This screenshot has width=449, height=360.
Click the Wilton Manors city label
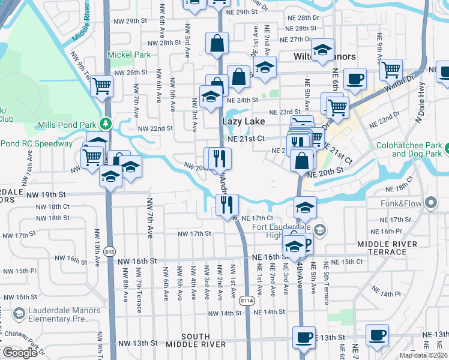(x=324, y=56)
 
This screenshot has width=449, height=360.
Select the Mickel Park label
(x=128, y=55)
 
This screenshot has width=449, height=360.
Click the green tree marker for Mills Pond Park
(x=106, y=124)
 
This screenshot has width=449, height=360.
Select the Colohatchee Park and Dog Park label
(x=412, y=150)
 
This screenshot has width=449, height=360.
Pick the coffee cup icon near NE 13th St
(x=304, y=337)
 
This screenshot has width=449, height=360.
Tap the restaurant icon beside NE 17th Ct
(x=227, y=204)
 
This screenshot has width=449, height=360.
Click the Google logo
(x=20, y=353)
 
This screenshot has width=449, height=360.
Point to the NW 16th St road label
(x=137, y=262)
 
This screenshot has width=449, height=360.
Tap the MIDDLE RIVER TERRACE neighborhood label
(x=390, y=248)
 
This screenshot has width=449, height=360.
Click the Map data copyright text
(x=424, y=355)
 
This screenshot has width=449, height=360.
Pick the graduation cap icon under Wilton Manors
(x=322, y=50)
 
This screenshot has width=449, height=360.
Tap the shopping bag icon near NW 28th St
(x=217, y=43)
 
